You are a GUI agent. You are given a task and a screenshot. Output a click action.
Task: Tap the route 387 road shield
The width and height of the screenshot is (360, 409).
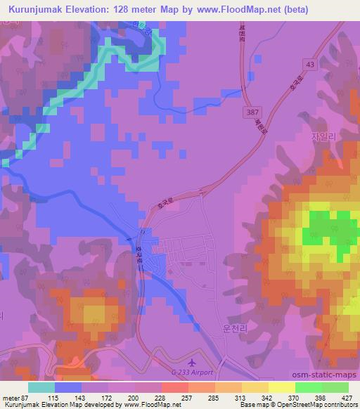(x=254, y=112)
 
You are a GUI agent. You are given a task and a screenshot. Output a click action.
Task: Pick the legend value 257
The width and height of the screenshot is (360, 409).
(x=167, y=398)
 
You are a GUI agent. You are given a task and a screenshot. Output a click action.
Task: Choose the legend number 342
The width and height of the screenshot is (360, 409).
(x=246, y=398)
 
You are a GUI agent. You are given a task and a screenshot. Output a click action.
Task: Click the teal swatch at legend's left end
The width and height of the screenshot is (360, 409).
(x=41, y=387)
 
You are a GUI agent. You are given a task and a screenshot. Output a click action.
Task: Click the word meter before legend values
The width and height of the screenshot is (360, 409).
(x=11, y=398)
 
